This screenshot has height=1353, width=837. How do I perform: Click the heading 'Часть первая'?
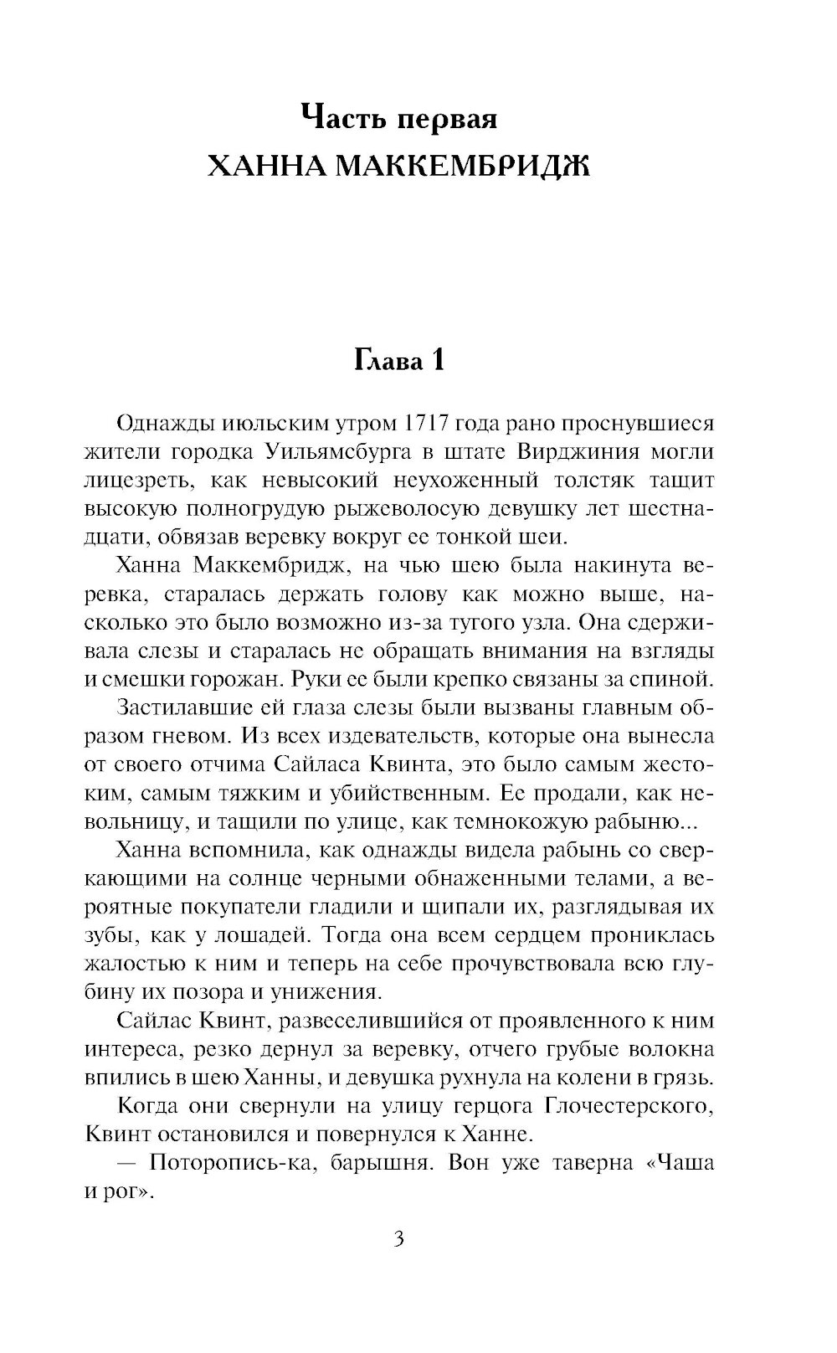(398, 118)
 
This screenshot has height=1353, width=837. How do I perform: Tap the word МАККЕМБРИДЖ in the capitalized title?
(456, 167)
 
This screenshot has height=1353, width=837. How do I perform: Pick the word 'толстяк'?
(600, 481)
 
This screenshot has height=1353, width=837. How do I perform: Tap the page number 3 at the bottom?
(398, 1239)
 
